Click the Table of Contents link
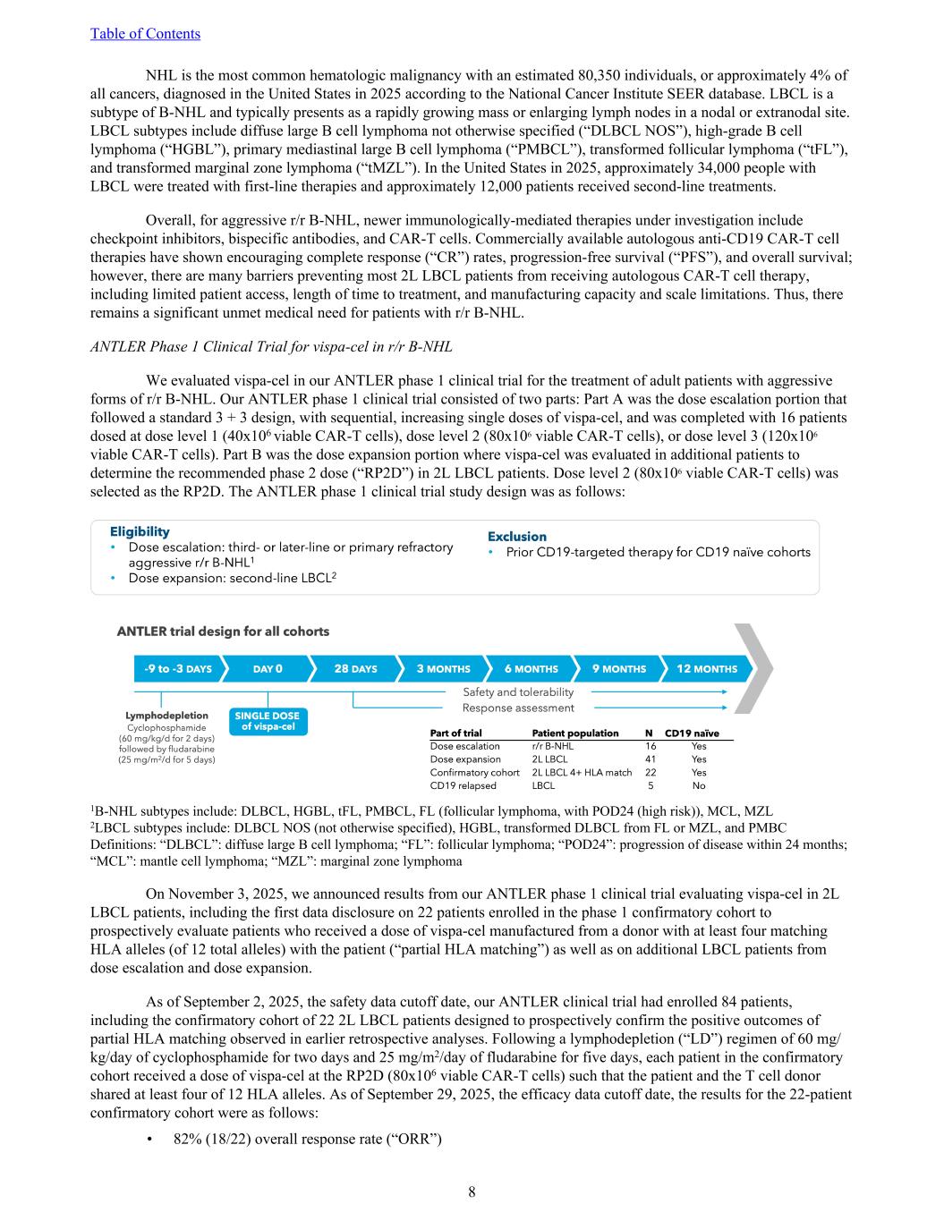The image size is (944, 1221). pyautogui.click(x=145, y=34)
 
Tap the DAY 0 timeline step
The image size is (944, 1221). pyautogui.click(x=267, y=669)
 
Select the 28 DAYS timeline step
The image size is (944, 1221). pyautogui.click(x=355, y=669)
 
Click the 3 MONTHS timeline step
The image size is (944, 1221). pyautogui.click(x=443, y=669)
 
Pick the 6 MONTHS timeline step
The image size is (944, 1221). pyautogui.click(x=531, y=669)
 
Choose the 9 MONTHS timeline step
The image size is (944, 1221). pyautogui.click(x=618, y=669)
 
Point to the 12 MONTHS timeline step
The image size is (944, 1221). pyautogui.click(x=707, y=669)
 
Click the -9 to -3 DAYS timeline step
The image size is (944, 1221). pyautogui.click(x=177, y=669)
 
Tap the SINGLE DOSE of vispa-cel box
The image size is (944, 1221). pyautogui.click(x=267, y=721)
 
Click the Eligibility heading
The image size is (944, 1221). pyautogui.click(x=139, y=531)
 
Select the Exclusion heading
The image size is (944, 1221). pyautogui.click(x=516, y=537)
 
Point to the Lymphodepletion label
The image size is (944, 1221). pyautogui.click(x=166, y=716)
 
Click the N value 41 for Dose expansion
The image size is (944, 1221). pyautogui.click(x=651, y=759)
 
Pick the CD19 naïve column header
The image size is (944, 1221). pyautogui.click(x=692, y=733)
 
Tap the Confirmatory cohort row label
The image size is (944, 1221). pyautogui.click(x=474, y=773)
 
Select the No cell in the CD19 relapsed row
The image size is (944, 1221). pyautogui.click(x=699, y=786)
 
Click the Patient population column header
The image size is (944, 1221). pyautogui.click(x=574, y=733)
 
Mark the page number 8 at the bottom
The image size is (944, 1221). pyautogui.click(x=472, y=1191)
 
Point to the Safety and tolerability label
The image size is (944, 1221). pyautogui.click(x=518, y=692)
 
